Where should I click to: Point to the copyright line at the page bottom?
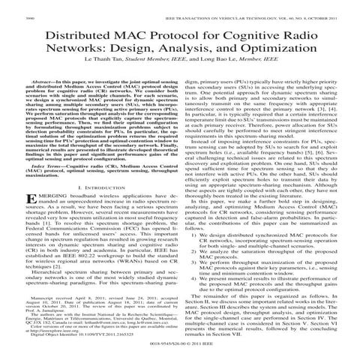click(180, 349)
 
